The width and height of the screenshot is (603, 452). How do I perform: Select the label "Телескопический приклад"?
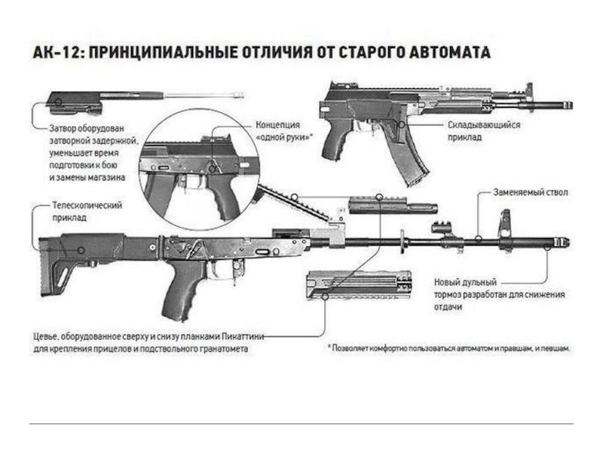point(86,211)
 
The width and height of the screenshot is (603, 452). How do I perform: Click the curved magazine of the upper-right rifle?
point(411,163)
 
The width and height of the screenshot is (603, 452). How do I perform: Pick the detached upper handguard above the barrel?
point(392,205)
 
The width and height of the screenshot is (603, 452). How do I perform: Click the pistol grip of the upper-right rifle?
point(337,143)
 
